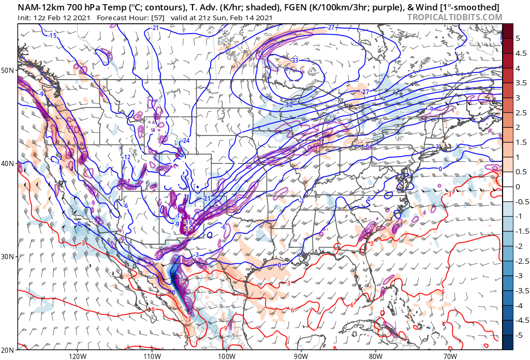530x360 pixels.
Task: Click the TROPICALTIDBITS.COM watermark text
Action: (x=454, y=17)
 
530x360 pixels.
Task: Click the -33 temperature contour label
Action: (x=295, y=61)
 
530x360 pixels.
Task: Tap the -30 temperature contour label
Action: (x=289, y=104)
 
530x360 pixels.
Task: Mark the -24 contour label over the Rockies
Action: (x=185, y=141)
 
